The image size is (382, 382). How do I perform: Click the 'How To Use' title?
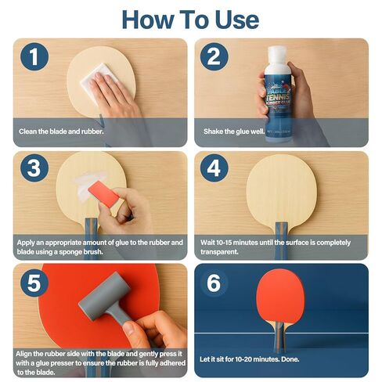click(190, 18)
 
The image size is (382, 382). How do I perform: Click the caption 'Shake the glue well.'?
click(236, 132)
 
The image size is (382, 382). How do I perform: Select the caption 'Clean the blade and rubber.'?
click(64, 132)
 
